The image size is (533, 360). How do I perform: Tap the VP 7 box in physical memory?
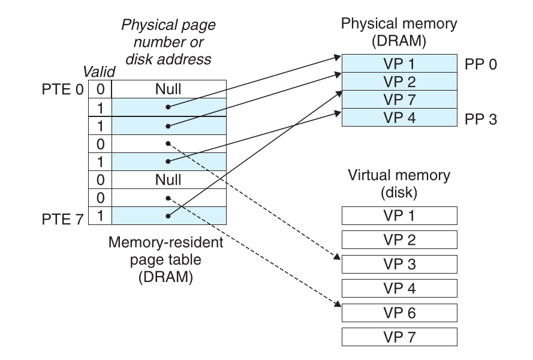(399, 100)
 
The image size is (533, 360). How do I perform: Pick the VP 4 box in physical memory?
(399, 118)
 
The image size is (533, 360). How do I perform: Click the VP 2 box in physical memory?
(399, 82)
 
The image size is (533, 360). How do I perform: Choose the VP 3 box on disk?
(399, 264)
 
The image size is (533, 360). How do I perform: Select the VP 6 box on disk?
(399, 313)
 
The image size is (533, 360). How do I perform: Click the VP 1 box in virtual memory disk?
(399, 215)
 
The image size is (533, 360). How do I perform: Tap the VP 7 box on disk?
(399, 337)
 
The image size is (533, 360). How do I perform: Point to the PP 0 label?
(481, 64)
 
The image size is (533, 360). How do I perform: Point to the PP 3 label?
(481, 119)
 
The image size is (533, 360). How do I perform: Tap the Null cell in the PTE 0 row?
(168, 89)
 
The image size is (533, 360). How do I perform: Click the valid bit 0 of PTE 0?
(100, 89)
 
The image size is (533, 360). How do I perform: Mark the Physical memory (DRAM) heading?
(399, 33)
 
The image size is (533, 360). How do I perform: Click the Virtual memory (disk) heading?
(399, 184)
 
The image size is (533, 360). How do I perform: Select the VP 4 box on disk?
(399, 288)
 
